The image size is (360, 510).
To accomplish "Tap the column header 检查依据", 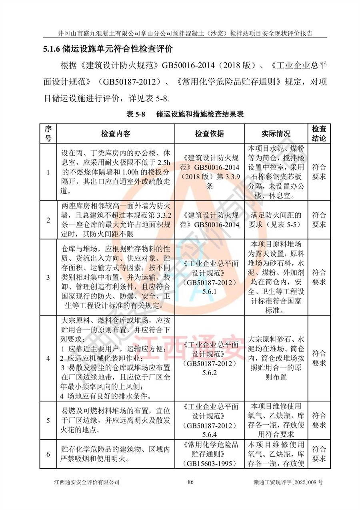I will (209, 133).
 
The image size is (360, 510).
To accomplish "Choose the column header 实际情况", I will (276, 133).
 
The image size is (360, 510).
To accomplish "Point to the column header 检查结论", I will (319, 133).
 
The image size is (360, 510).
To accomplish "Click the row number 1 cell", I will (48, 172).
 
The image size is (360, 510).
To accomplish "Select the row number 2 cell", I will (48, 220).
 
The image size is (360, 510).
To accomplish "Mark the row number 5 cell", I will (48, 420).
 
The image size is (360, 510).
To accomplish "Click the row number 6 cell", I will (48, 454).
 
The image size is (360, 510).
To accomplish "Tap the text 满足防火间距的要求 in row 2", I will (276, 220).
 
